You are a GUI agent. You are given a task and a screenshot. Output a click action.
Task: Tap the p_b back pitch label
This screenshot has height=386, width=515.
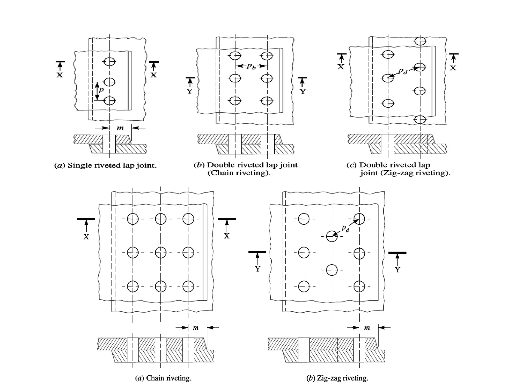click(251, 66)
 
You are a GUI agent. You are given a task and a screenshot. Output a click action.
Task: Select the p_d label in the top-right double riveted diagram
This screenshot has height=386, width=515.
click(403, 72)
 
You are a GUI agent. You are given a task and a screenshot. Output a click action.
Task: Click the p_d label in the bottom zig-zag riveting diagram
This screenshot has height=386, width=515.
click(345, 228)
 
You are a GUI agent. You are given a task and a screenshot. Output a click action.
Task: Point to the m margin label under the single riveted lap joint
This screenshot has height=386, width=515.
click(120, 128)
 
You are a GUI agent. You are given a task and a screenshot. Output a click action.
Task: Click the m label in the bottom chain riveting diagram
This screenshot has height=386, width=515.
click(196, 328)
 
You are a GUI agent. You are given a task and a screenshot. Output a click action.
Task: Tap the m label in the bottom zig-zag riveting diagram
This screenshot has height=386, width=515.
click(367, 328)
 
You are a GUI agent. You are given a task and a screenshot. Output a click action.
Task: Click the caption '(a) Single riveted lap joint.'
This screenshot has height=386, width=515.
click(105, 165)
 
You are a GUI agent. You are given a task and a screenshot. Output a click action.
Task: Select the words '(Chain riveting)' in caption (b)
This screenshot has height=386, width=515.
click(239, 173)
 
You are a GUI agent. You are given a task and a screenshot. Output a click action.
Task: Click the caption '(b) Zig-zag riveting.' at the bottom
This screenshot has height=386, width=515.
click(337, 378)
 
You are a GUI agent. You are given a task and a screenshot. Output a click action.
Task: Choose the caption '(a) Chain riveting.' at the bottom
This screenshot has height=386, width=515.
click(163, 378)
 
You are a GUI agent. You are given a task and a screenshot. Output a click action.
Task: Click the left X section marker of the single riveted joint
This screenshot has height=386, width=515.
click(60, 69)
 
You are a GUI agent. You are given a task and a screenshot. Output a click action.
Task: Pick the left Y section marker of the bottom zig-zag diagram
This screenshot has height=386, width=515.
click(257, 261)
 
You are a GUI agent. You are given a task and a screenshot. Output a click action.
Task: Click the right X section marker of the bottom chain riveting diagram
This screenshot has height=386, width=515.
click(227, 228)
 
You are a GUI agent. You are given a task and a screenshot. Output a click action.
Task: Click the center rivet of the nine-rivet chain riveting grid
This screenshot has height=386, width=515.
click(160, 253)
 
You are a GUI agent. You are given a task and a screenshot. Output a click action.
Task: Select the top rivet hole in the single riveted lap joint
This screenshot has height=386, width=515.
click(109, 61)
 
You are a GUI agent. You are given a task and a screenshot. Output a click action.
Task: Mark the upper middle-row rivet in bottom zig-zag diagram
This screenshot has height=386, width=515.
click(332, 236)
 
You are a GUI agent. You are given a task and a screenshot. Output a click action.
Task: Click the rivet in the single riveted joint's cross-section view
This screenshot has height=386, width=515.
click(109, 144)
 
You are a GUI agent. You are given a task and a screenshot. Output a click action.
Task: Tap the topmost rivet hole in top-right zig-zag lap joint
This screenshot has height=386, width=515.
click(420, 41)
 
